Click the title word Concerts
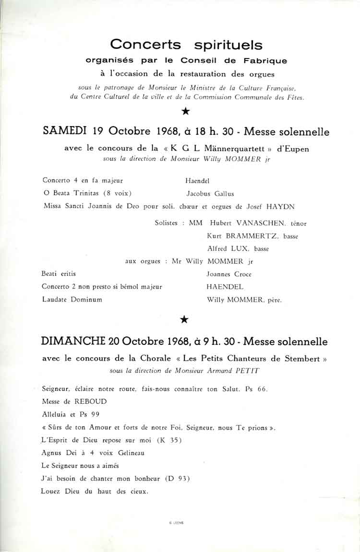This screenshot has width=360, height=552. pyautogui.click(x=145, y=45)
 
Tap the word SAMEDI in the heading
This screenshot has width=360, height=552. pyautogui.click(x=64, y=131)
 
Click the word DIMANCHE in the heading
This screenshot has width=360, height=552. pyautogui.click(x=73, y=341)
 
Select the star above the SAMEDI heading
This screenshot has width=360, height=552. pyautogui.click(x=185, y=111)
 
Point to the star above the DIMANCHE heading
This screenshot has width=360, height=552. pyautogui.click(x=184, y=319)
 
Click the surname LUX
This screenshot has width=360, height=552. pyautogui.click(x=243, y=249)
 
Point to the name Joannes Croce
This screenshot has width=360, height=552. pyautogui.click(x=228, y=274)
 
